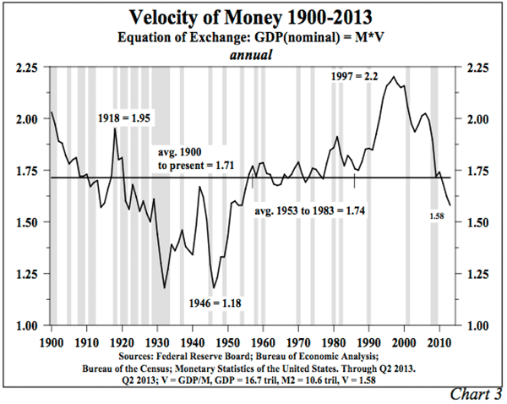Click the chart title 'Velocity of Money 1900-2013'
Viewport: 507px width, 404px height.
(254, 17)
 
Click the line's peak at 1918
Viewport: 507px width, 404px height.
(115, 129)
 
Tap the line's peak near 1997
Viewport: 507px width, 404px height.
(393, 77)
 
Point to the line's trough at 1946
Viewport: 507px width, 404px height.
(214, 288)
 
